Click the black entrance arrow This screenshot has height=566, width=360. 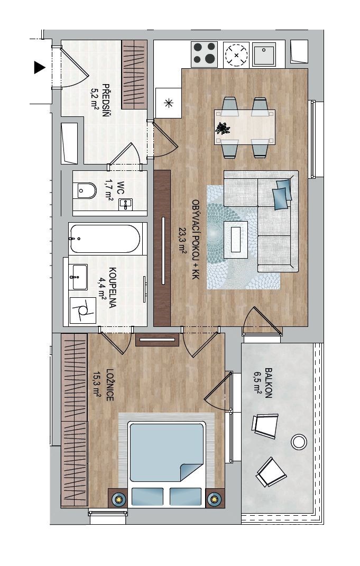click(39, 68)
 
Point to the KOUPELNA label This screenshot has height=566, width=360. click(112, 288)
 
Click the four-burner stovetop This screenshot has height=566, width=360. click(204, 54)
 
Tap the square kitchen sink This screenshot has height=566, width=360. click(264, 54)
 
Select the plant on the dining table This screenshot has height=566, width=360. click(222, 128)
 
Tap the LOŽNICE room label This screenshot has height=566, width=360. click(109, 385)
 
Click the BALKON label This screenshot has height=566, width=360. click(268, 382)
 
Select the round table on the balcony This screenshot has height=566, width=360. click(299, 442)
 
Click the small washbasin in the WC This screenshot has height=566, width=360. click(125, 204)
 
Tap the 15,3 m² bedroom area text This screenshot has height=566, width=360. click(97, 385)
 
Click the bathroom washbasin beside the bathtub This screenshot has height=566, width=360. click(78, 277)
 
